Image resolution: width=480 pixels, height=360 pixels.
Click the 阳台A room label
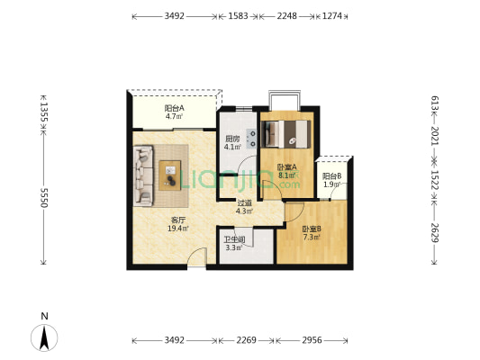tap(174, 108)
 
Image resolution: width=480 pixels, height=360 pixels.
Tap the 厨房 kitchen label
tap(232, 139)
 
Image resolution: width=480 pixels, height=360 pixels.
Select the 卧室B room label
tap(312, 229)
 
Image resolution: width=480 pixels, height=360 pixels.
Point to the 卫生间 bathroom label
tap(234, 239)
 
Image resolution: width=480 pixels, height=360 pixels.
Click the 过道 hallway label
tap(245, 202)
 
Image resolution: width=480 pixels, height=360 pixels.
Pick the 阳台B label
tap(331, 176)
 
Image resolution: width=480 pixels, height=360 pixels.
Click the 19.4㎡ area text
tap(178, 229)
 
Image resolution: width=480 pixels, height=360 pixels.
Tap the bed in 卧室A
tap(287, 134)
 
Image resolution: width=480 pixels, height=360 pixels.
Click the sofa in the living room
tap(143, 175)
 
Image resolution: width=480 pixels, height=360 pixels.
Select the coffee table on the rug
tap(170, 175)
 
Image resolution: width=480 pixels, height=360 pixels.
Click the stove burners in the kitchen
tap(252, 139)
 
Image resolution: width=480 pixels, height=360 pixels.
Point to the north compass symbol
tap(44, 337)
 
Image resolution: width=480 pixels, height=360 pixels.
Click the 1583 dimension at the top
tap(238, 16)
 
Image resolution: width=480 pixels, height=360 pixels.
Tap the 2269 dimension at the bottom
tap(246, 340)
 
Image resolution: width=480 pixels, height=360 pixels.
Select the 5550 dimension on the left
tap(45, 198)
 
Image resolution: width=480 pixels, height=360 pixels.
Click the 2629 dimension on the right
tap(435, 233)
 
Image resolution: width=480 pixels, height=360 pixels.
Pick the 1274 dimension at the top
tap(332, 16)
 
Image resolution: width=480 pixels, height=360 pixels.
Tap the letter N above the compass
tap(45, 316)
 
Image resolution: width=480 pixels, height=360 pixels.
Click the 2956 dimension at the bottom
tap(312, 340)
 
